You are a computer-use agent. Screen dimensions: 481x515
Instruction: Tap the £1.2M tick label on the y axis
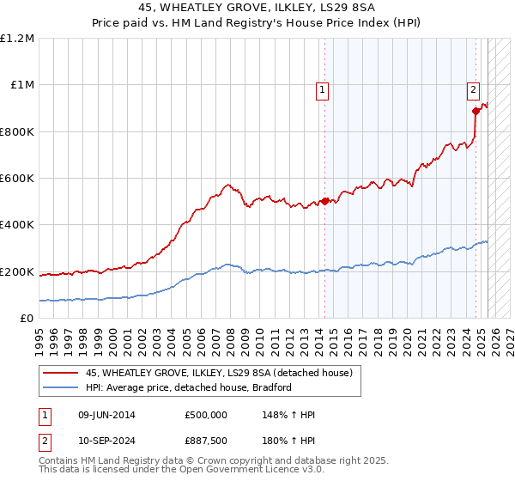click(x=18, y=39)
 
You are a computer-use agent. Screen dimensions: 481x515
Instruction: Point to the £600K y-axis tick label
click(x=17, y=179)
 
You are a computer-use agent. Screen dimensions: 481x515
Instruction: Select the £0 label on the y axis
click(x=26, y=319)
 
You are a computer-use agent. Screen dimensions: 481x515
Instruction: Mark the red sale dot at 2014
click(x=325, y=202)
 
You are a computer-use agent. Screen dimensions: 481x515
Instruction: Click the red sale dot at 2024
click(x=475, y=111)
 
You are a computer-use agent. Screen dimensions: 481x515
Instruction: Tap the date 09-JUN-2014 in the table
click(x=106, y=415)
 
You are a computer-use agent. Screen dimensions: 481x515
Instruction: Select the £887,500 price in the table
click(x=205, y=441)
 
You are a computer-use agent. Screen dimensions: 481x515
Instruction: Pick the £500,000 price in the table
click(x=205, y=415)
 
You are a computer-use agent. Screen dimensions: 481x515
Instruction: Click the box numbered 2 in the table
click(x=45, y=441)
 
